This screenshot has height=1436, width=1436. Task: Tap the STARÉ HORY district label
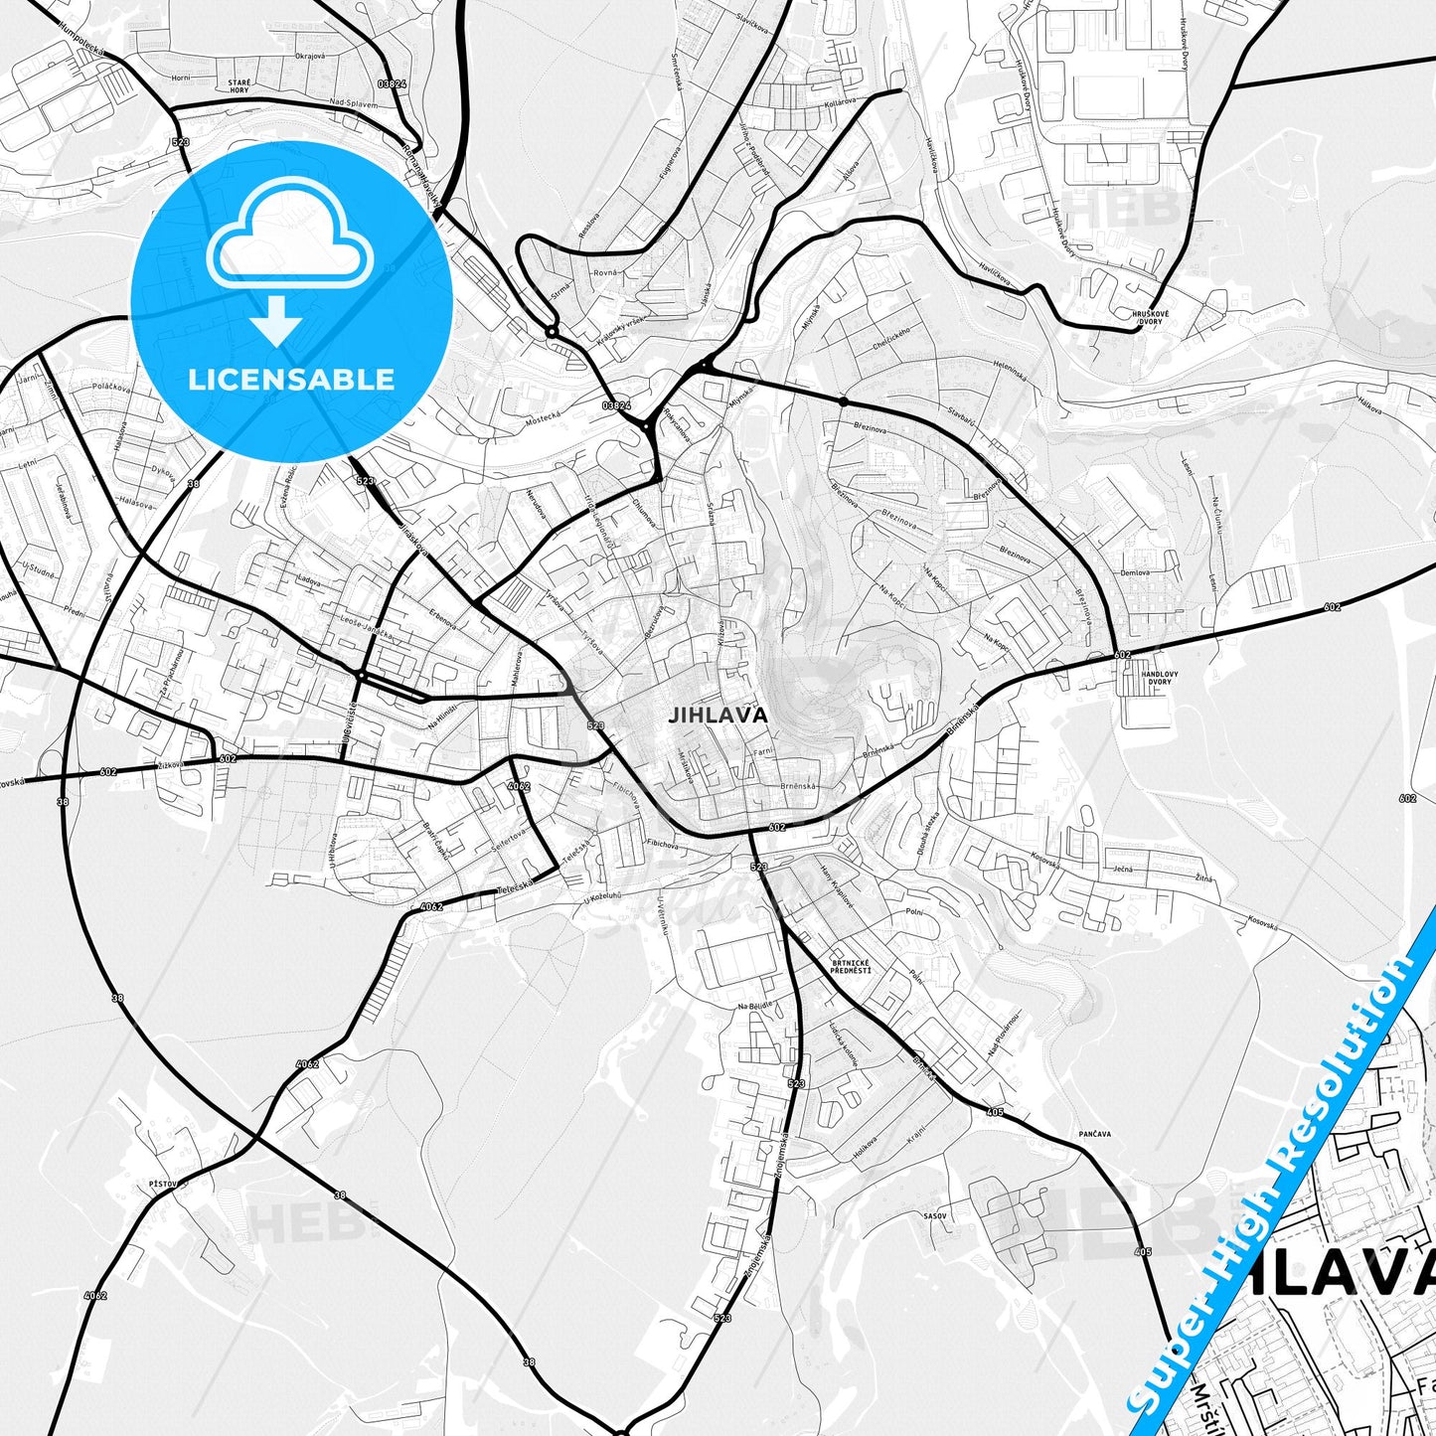tap(239, 85)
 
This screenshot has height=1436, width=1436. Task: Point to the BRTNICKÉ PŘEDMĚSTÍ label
tap(850, 966)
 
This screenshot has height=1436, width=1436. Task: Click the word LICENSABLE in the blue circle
tap(291, 379)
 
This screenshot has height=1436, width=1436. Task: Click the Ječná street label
tap(1122, 869)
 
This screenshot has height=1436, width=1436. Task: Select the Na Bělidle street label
tap(754, 1007)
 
